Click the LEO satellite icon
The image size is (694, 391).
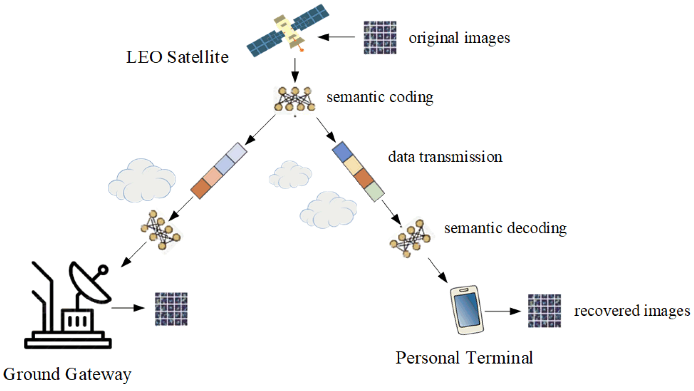point(288,31)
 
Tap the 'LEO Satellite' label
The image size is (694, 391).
point(177,57)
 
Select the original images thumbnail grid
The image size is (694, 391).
point(380,38)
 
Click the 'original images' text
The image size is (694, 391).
point(459,38)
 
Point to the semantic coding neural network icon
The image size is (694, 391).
point(294,99)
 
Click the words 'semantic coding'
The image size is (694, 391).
point(380,97)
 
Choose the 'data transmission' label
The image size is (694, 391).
point(445,157)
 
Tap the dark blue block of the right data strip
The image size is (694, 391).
point(342,152)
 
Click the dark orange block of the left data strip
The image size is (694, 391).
point(201,189)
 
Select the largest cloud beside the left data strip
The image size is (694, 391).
point(141,181)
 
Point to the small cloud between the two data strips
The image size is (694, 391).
point(290,175)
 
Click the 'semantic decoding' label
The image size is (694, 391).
point(505,228)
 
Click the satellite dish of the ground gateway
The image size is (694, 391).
point(90,282)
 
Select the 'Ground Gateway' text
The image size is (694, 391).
point(67,374)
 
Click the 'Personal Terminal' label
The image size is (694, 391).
point(464,358)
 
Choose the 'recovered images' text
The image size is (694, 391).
point(632,311)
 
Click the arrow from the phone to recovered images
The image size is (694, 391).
point(503,311)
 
